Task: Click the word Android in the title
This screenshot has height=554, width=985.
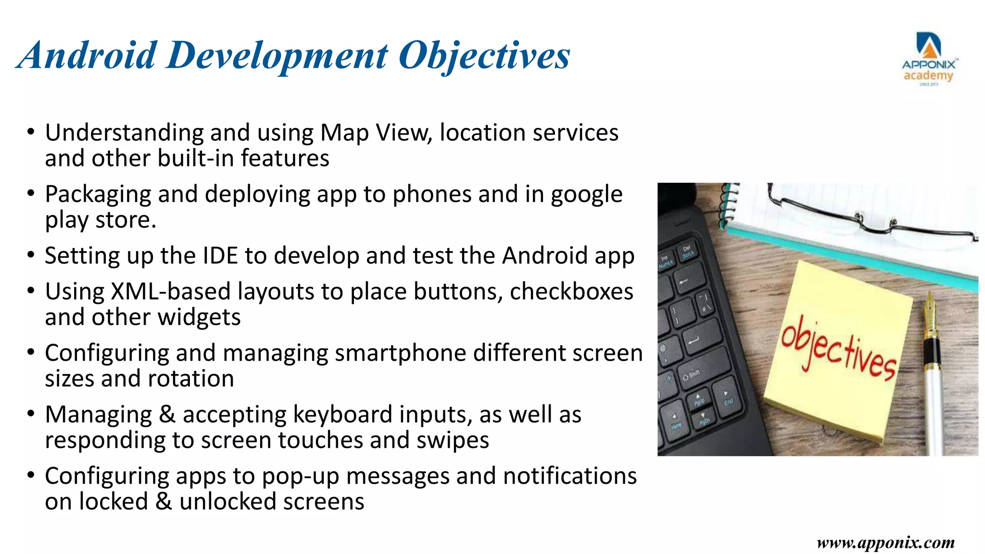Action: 87,55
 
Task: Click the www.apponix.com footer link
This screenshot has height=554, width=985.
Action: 885,542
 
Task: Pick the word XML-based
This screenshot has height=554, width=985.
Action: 171,291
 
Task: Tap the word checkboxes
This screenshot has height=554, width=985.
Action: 571,291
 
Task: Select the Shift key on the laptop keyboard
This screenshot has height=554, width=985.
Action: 692,375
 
